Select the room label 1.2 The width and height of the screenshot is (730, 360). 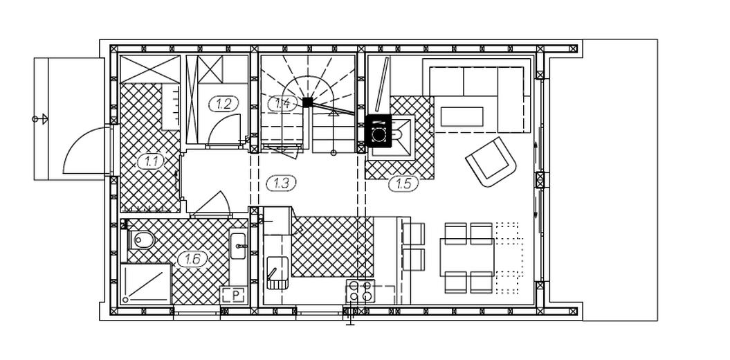tap(223, 105)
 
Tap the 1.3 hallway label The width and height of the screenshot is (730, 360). tap(281, 183)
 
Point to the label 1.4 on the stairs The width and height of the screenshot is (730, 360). tap(282, 103)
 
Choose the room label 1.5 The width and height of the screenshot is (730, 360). tap(403, 183)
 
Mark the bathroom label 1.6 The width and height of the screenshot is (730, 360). tap(193, 260)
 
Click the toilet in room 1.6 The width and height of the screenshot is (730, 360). tap(142, 240)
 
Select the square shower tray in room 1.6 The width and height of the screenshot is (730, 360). tap(146, 283)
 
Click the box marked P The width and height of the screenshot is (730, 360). tap(233, 295)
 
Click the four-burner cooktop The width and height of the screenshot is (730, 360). tap(361, 291)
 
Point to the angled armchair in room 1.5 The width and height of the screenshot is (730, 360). tap(491, 161)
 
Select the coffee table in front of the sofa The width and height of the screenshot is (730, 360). tap(463, 117)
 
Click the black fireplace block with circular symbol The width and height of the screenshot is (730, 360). tap(378, 129)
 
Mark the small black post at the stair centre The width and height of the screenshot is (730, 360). tap(307, 102)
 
